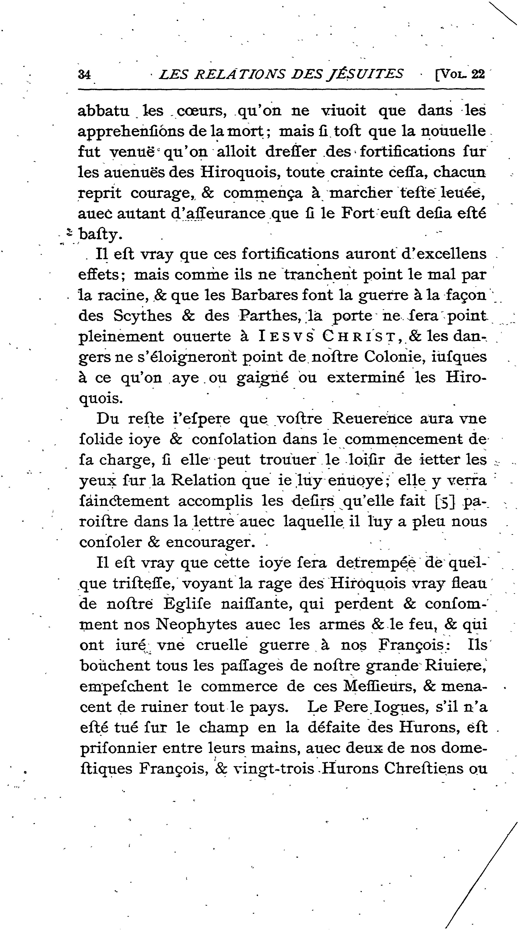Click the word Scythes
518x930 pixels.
(x=142, y=316)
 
